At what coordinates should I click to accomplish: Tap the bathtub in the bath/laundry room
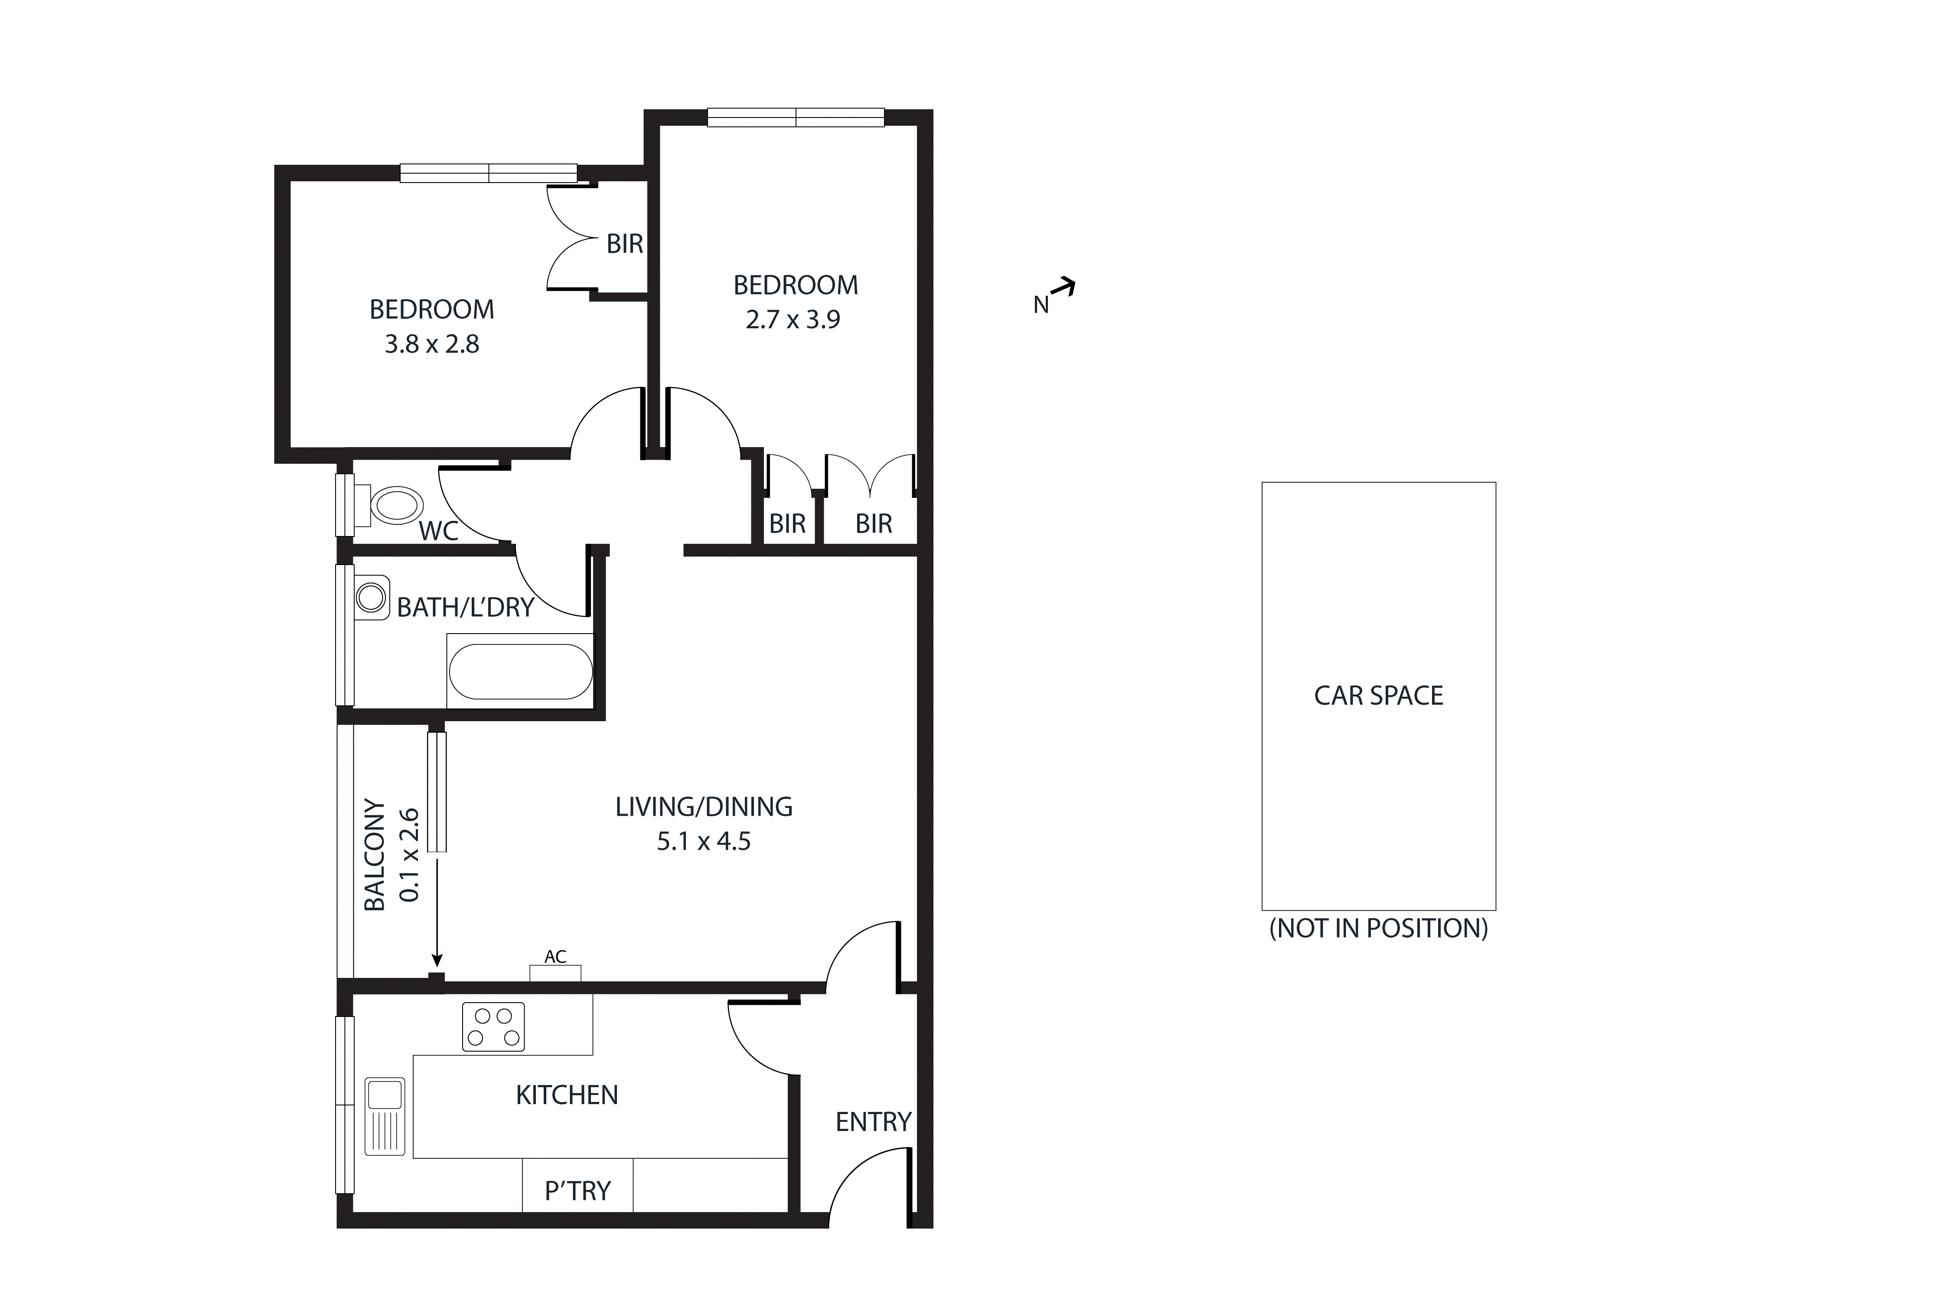(520, 671)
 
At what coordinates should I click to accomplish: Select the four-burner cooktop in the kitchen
(493, 1027)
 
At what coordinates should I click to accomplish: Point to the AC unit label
(555, 957)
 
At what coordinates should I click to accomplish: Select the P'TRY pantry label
(577, 1191)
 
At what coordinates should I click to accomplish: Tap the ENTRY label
(873, 1122)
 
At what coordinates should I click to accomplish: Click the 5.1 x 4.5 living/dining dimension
(703, 841)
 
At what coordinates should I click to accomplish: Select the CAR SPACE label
(1378, 695)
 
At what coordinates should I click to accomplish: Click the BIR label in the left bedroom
(625, 244)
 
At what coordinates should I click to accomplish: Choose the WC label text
(438, 531)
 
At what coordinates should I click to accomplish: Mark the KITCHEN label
(567, 1095)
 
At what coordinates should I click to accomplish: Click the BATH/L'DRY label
(464, 608)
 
